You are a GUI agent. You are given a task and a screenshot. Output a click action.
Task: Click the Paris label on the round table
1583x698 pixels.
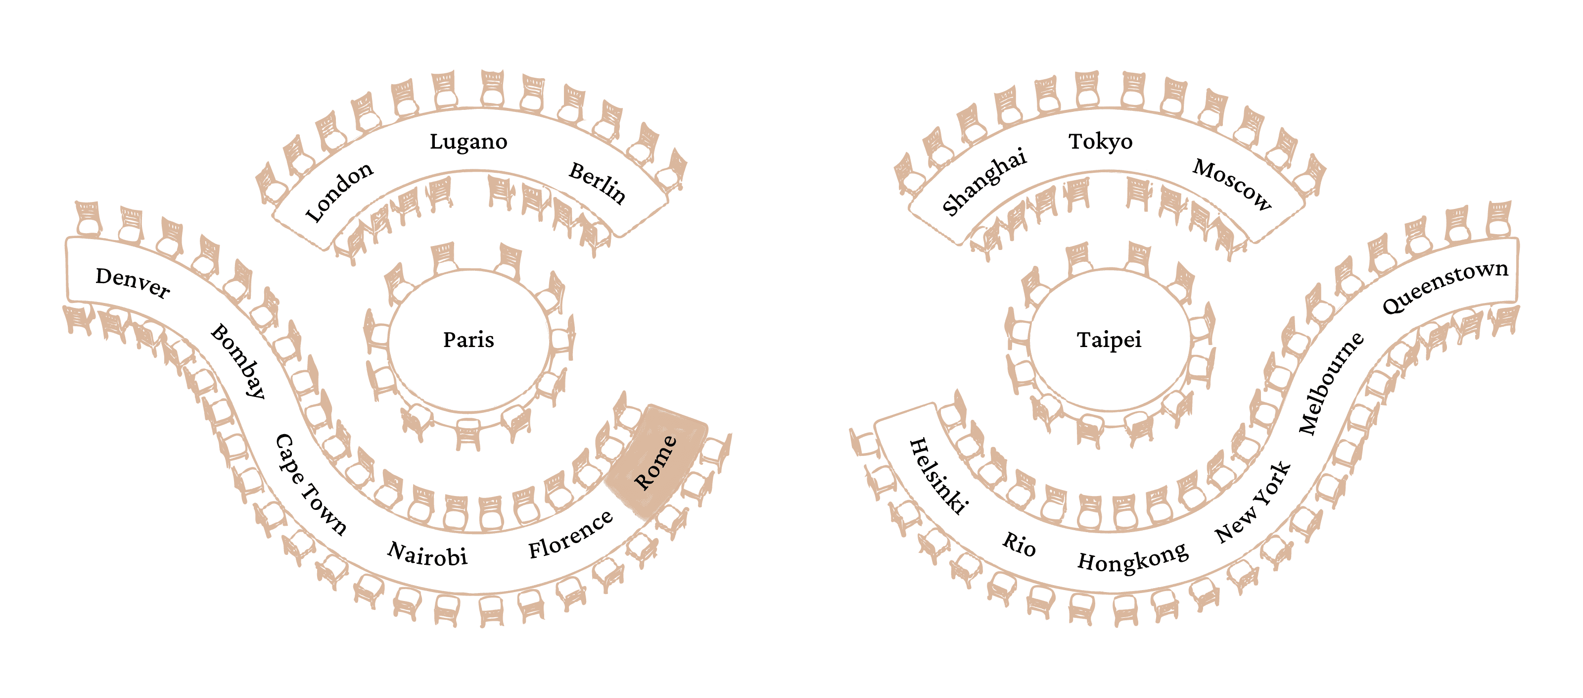(468, 340)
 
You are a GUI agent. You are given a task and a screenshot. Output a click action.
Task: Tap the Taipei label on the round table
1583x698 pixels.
(1109, 340)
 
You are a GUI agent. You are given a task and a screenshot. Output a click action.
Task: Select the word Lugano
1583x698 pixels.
(468, 142)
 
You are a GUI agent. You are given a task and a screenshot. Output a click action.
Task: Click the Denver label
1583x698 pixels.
(133, 283)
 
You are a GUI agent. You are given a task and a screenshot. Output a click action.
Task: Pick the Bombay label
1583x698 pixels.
(238, 361)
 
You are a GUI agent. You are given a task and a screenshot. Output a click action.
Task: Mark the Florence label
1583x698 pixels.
(570, 535)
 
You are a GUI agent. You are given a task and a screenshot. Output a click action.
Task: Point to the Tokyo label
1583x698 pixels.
(1100, 142)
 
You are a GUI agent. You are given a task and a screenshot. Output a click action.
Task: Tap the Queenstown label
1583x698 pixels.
(1444, 286)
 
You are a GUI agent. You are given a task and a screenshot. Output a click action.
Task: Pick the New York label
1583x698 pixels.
(1253, 502)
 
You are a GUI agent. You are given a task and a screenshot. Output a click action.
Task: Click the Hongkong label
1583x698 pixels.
(1132, 558)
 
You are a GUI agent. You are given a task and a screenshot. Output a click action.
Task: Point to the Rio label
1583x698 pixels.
(1019, 544)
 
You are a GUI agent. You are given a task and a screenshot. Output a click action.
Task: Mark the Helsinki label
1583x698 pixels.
(938, 475)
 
